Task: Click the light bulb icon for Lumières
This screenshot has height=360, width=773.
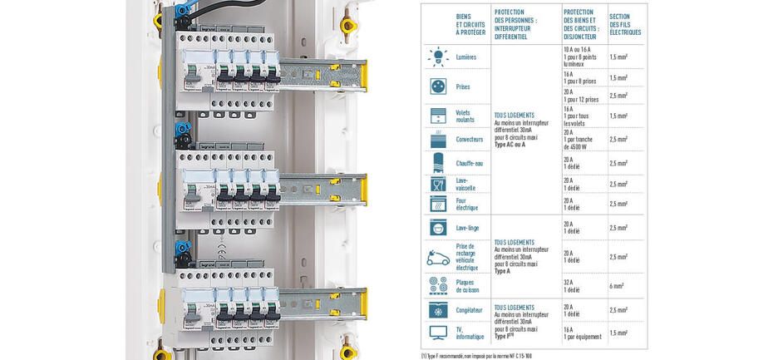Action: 438,57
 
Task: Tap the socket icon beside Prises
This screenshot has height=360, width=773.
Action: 438,86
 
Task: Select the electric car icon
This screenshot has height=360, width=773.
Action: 438,257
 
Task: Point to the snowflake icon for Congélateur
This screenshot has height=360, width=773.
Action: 438,310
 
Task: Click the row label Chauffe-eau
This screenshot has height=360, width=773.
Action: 469,163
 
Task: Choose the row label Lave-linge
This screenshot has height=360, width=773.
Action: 466,227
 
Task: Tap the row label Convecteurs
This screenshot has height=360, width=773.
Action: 469,139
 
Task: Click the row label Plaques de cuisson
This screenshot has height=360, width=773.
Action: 467,286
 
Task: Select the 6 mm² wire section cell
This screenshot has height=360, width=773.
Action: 618,286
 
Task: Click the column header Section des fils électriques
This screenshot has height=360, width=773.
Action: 625,24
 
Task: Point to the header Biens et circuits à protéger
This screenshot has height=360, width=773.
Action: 470,24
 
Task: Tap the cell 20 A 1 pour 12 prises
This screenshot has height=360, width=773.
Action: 580,96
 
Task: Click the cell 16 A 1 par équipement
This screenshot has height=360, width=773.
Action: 582,333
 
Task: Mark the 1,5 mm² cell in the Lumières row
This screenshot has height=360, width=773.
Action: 618,57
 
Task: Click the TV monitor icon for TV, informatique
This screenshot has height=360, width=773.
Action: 438,333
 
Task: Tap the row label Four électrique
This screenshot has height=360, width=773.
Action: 467,204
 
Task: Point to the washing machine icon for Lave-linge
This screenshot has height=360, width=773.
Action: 438,227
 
